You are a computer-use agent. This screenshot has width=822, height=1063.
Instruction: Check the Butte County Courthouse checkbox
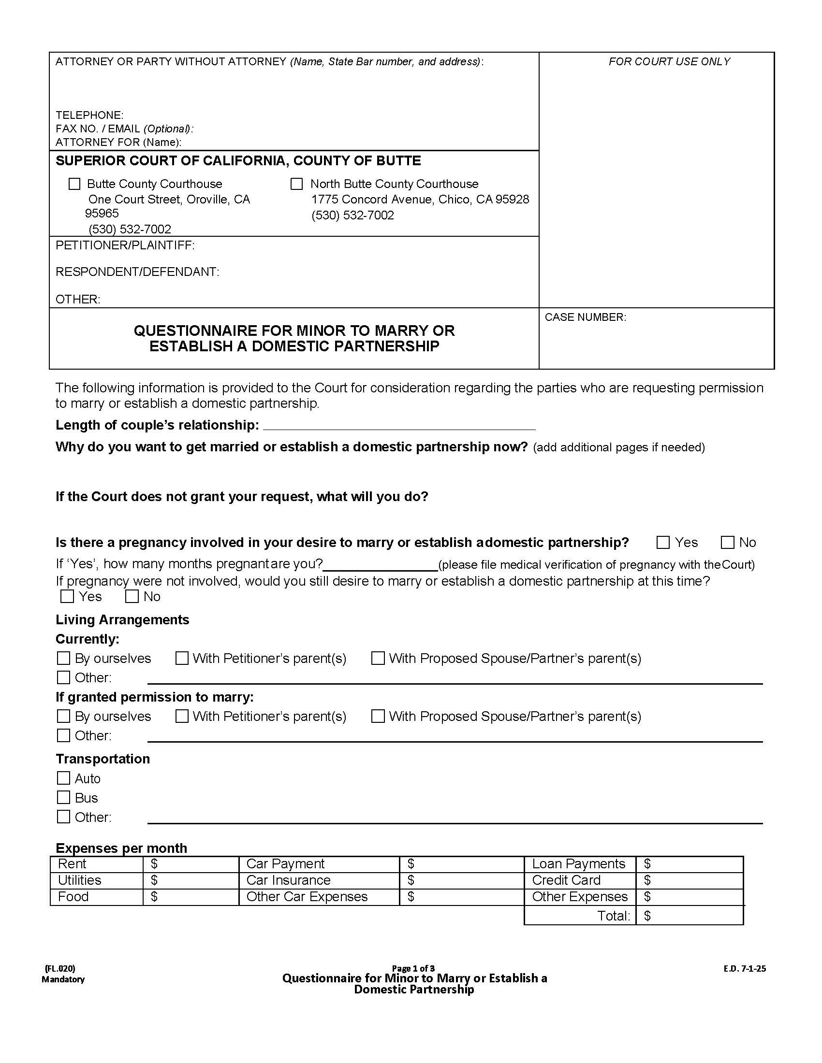(x=74, y=184)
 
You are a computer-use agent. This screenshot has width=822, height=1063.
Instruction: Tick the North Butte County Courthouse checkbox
(x=296, y=184)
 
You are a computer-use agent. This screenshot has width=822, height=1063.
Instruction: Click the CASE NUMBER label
(x=586, y=317)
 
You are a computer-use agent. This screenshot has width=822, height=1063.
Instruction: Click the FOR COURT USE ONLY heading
(x=669, y=61)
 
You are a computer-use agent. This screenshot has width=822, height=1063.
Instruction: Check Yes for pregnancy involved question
(x=663, y=542)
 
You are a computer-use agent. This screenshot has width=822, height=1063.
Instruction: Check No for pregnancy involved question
(x=728, y=542)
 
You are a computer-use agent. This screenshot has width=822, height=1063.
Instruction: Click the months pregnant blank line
(x=381, y=565)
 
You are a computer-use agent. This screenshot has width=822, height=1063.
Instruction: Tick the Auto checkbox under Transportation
(x=64, y=778)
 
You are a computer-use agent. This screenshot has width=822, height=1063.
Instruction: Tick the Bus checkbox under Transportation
(x=64, y=797)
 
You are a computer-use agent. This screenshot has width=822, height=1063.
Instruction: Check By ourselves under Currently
(x=64, y=658)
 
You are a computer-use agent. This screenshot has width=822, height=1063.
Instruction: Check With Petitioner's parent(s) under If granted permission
(x=182, y=716)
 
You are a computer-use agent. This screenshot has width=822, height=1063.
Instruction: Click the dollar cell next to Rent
(x=191, y=864)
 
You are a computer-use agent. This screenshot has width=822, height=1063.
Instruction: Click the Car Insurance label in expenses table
(x=288, y=880)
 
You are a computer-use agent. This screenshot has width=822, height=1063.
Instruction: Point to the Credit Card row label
(x=566, y=880)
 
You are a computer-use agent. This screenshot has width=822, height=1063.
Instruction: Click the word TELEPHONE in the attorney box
(x=89, y=115)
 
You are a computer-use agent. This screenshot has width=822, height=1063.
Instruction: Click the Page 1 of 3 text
(x=413, y=968)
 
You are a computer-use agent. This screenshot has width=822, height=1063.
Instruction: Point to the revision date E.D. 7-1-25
(x=745, y=969)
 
